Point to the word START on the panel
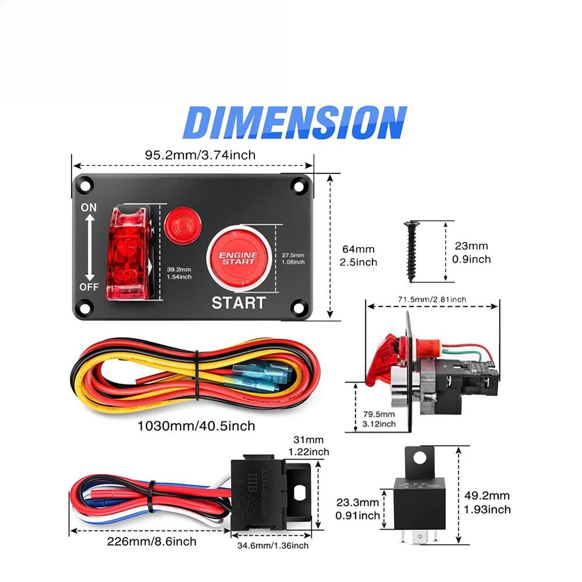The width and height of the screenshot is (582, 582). pos(238,303)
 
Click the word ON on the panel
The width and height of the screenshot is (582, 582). pos(89,207)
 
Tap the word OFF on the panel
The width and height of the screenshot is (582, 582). pos(89,287)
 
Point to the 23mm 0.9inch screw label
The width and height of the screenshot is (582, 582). pos(472,253)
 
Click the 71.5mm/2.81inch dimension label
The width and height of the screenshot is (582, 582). pos(432,299)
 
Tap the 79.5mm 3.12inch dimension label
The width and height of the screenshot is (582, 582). pos(378,419)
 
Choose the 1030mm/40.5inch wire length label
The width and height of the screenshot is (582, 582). pos(196,426)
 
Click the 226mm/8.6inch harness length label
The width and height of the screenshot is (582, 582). pos(151,541)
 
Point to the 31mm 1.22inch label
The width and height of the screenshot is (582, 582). pos(308,446)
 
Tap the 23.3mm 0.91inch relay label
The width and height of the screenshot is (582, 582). pos(358,508)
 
